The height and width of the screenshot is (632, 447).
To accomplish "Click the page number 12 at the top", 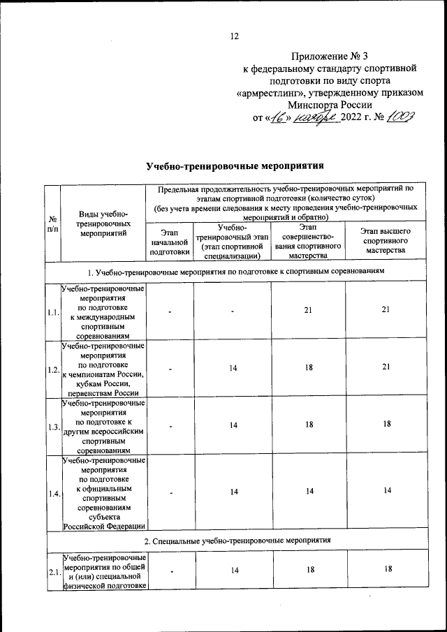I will coord(235,36).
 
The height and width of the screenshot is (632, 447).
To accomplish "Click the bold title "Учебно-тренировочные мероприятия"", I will coord(235,166).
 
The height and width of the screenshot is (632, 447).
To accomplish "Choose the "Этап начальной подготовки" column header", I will coord(165,242).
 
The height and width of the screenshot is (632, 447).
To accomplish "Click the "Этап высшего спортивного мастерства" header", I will coord(385,242).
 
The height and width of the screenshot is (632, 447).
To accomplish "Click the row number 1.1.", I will coord(52,312).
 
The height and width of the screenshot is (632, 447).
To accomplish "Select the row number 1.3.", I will coord(52,427).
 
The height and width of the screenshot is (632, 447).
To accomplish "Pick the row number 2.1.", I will coord(52,573).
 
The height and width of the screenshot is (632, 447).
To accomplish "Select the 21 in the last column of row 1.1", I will coord(385,310).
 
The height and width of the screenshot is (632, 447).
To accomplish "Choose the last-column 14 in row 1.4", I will coord(385,492).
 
